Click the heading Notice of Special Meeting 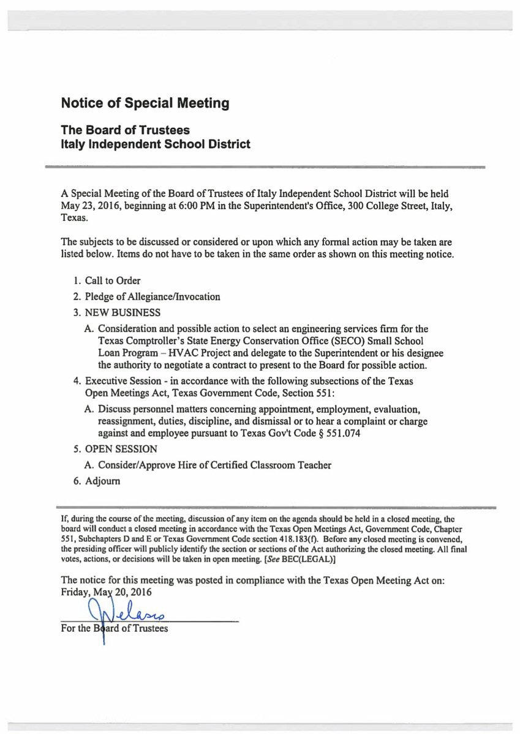point(145,103)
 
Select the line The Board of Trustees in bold point(125,130)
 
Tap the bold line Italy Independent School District point(156,145)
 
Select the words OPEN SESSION point(122,449)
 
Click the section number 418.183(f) point(287,540)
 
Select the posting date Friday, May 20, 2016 point(107,592)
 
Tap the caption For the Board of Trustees point(115,628)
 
